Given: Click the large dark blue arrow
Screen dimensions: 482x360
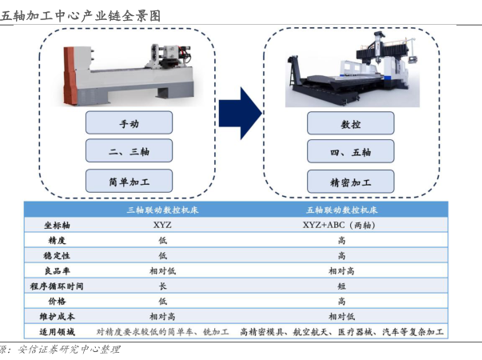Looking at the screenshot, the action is (241, 114).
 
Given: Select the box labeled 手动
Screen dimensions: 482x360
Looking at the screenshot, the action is (129, 122).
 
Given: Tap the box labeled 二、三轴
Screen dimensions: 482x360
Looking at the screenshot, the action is (129, 150).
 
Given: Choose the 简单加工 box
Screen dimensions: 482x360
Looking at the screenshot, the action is (129, 181).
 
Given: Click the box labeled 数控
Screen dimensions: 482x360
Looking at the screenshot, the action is (351, 123).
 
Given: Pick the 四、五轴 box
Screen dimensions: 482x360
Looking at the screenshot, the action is (351, 151).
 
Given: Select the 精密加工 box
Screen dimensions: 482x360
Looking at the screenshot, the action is (351, 182).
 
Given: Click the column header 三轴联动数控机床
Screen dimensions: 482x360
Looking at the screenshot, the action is (162, 210).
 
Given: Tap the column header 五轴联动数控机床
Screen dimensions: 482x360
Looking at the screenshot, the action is (342, 210).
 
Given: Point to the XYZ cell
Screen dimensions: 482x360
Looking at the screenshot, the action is (162, 225).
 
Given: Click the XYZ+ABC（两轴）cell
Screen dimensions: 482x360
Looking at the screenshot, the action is (339, 225).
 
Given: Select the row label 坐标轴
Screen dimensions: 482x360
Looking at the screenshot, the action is (57, 226).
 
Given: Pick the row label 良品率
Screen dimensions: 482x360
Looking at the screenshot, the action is (58, 270).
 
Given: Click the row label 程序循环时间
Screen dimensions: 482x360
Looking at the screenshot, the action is (57, 286).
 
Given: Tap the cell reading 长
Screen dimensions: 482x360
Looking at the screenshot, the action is (162, 286).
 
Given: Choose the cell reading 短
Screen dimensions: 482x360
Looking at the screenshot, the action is (341, 286).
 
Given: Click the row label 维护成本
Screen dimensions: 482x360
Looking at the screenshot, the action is (57, 317).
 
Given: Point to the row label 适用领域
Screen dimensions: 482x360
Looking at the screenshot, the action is (57, 332).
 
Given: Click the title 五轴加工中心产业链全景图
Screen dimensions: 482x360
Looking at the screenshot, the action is (81, 16).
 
